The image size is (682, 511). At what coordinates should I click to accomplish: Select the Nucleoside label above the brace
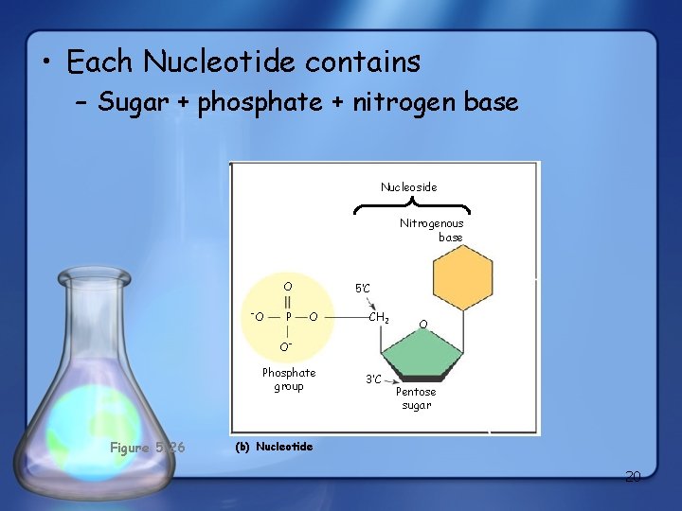pyautogui.click(x=409, y=187)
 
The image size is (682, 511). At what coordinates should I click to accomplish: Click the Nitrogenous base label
pyautogui.click(x=433, y=230)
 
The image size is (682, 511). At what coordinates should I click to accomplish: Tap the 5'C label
pyautogui.click(x=363, y=287)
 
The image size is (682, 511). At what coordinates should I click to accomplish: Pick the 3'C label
pyautogui.click(x=374, y=379)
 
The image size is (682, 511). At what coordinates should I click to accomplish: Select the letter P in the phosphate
pyautogui.click(x=288, y=316)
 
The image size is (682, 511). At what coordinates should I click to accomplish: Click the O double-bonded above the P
pyautogui.click(x=288, y=286)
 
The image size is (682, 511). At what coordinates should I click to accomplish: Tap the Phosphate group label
pyautogui.click(x=289, y=379)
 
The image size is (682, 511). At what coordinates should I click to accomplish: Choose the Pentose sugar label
pyautogui.click(x=416, y=398)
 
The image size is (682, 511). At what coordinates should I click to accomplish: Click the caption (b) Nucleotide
pyautogui.click(x=273, y=447)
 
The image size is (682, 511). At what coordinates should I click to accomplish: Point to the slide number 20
pyautogui.click(x=633, y=477)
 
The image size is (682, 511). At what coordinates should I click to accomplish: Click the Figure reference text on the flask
pyautogui.click(x=147, y=448)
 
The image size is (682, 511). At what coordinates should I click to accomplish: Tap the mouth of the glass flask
pyautogui.click(x=107, y=276)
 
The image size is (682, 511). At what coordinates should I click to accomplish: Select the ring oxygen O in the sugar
pyautogui.click(x=423, y=325)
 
